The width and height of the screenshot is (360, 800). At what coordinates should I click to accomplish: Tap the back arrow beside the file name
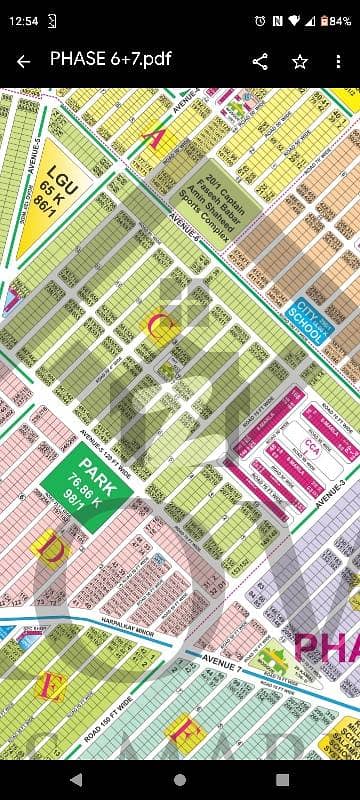23,60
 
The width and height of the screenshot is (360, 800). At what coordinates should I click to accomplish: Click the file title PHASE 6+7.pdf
110,59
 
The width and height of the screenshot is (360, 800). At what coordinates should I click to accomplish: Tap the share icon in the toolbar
260,61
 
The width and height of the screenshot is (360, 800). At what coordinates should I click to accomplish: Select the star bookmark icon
300,61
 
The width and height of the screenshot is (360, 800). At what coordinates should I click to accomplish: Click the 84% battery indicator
335,20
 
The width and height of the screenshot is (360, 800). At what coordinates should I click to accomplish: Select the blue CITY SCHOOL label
305,320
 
